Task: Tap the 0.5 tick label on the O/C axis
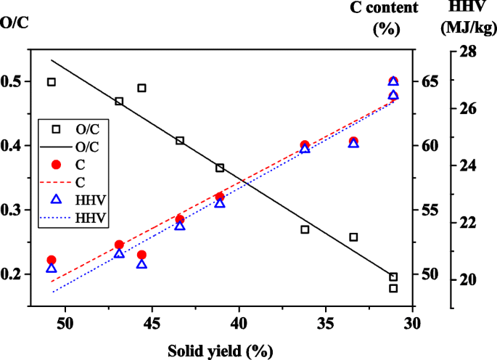tap(14, 81)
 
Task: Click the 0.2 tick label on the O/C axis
tap(14, 274)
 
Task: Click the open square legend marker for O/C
tap(56, 129)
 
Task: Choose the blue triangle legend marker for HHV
tap(56, 200)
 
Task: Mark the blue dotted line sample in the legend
tap(56, 218)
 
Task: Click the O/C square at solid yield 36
tap(305, 229)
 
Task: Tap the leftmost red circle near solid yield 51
tap(52, 260)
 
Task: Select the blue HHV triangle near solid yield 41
tap(220, 203)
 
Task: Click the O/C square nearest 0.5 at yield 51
tap(52, 82)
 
